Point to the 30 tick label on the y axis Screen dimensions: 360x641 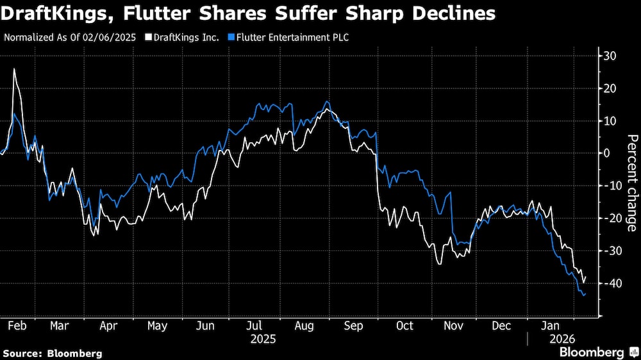(610, 56)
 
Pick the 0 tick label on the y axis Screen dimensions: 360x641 (607, 153)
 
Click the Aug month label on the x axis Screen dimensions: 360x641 (304, 325)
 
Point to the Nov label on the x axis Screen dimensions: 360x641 (453, 325)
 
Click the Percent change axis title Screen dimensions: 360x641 (631, 183)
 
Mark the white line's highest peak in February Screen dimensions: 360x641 (14, 69)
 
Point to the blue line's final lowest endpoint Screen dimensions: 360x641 (584, 295)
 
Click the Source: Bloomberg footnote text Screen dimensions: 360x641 (53, 353)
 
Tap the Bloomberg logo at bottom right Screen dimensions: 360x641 (592, 352)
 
